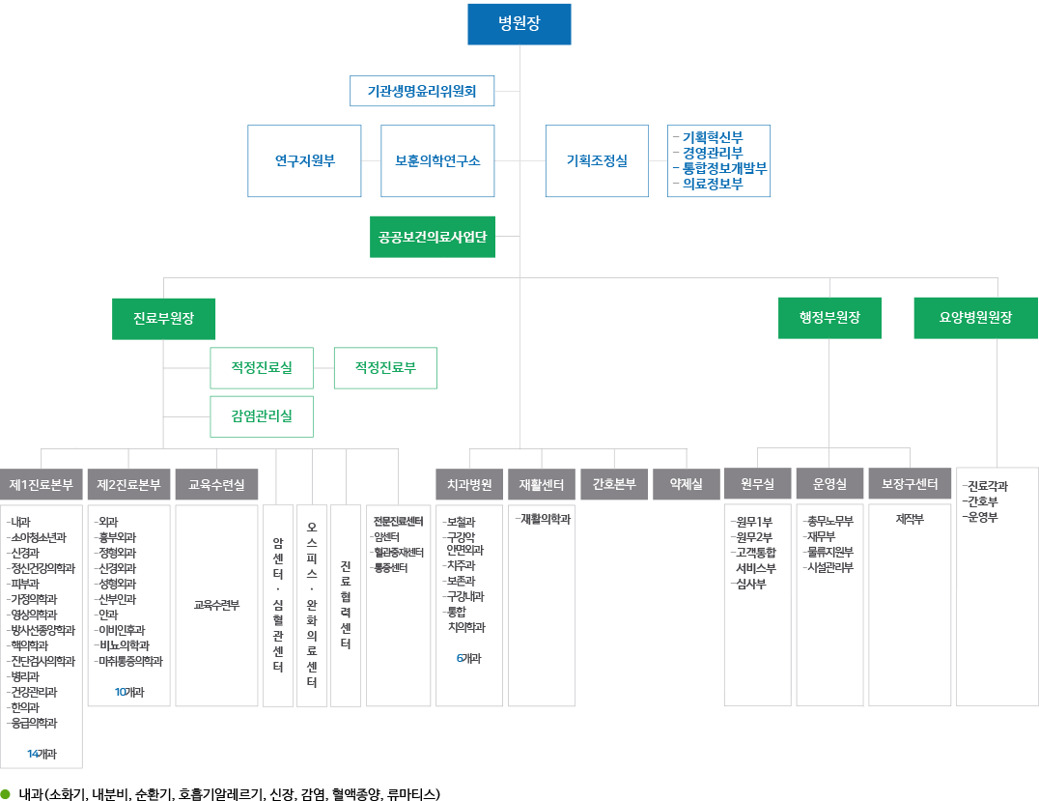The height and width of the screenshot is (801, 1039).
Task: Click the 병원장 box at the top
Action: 519,24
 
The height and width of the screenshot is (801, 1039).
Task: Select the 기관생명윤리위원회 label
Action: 422,92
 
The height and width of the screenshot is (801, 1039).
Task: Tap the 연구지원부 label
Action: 304,161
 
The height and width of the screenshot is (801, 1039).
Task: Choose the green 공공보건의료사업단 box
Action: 433,237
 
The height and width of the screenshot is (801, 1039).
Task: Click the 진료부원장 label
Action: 163,318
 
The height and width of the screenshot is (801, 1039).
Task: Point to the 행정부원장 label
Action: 829,317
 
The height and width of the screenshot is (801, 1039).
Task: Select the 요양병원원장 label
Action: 975,317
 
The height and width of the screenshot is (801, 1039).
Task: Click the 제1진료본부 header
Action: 42,485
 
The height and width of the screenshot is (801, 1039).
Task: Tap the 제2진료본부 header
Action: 128,485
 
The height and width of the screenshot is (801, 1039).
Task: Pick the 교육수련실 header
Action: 216,485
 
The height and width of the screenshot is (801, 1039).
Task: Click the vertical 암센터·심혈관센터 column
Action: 278,605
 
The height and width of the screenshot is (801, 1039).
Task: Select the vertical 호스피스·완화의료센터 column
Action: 312,605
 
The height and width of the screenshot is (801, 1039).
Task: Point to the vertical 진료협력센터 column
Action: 346,605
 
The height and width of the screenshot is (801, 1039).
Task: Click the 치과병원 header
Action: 469,485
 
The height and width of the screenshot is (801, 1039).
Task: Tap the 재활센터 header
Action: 541,485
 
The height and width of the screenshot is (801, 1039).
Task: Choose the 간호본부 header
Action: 614,485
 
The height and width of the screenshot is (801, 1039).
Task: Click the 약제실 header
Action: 686,485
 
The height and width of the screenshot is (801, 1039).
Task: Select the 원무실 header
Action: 757,485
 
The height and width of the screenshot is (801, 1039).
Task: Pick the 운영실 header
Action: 829,485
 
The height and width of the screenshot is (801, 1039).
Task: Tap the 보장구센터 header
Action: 910,485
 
